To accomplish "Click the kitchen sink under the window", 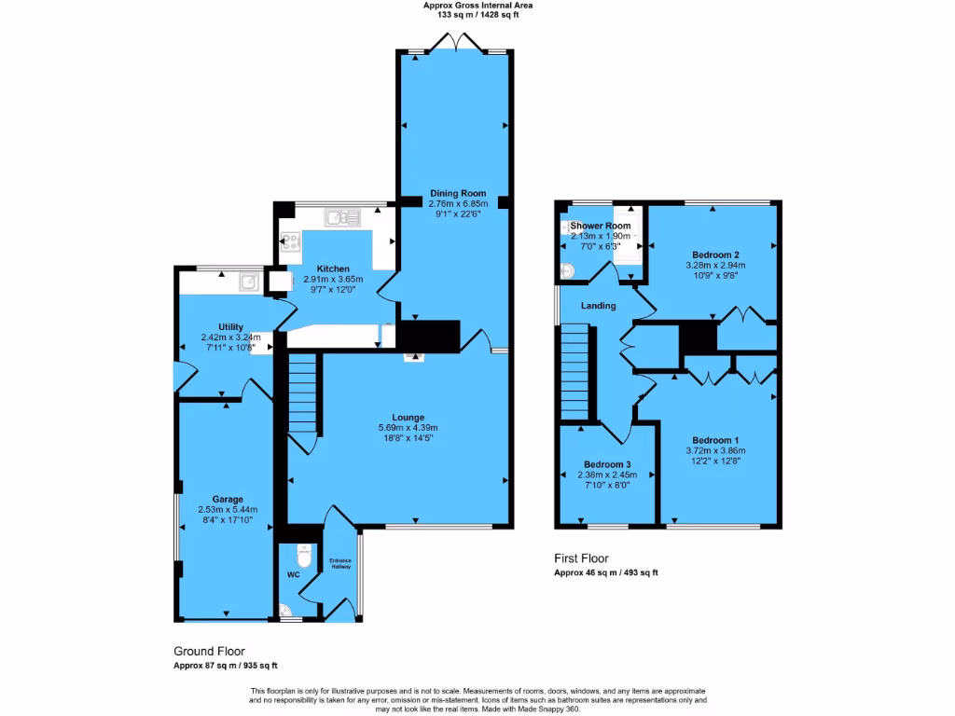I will (342, 218).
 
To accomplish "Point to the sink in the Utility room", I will (250, 280).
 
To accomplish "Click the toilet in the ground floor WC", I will (302, 557).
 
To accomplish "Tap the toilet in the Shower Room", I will (568, 270).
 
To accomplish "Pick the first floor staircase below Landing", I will (576, 373).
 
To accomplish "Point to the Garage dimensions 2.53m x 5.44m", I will (227, 510).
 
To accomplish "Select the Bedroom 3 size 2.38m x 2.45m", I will (607, 475).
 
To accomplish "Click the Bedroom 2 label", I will (716, 255).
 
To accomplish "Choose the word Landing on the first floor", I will (598, 306).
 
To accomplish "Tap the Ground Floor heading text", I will (210, 651).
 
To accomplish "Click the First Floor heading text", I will (581, 558).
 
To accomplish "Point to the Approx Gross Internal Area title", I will (477, 6).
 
